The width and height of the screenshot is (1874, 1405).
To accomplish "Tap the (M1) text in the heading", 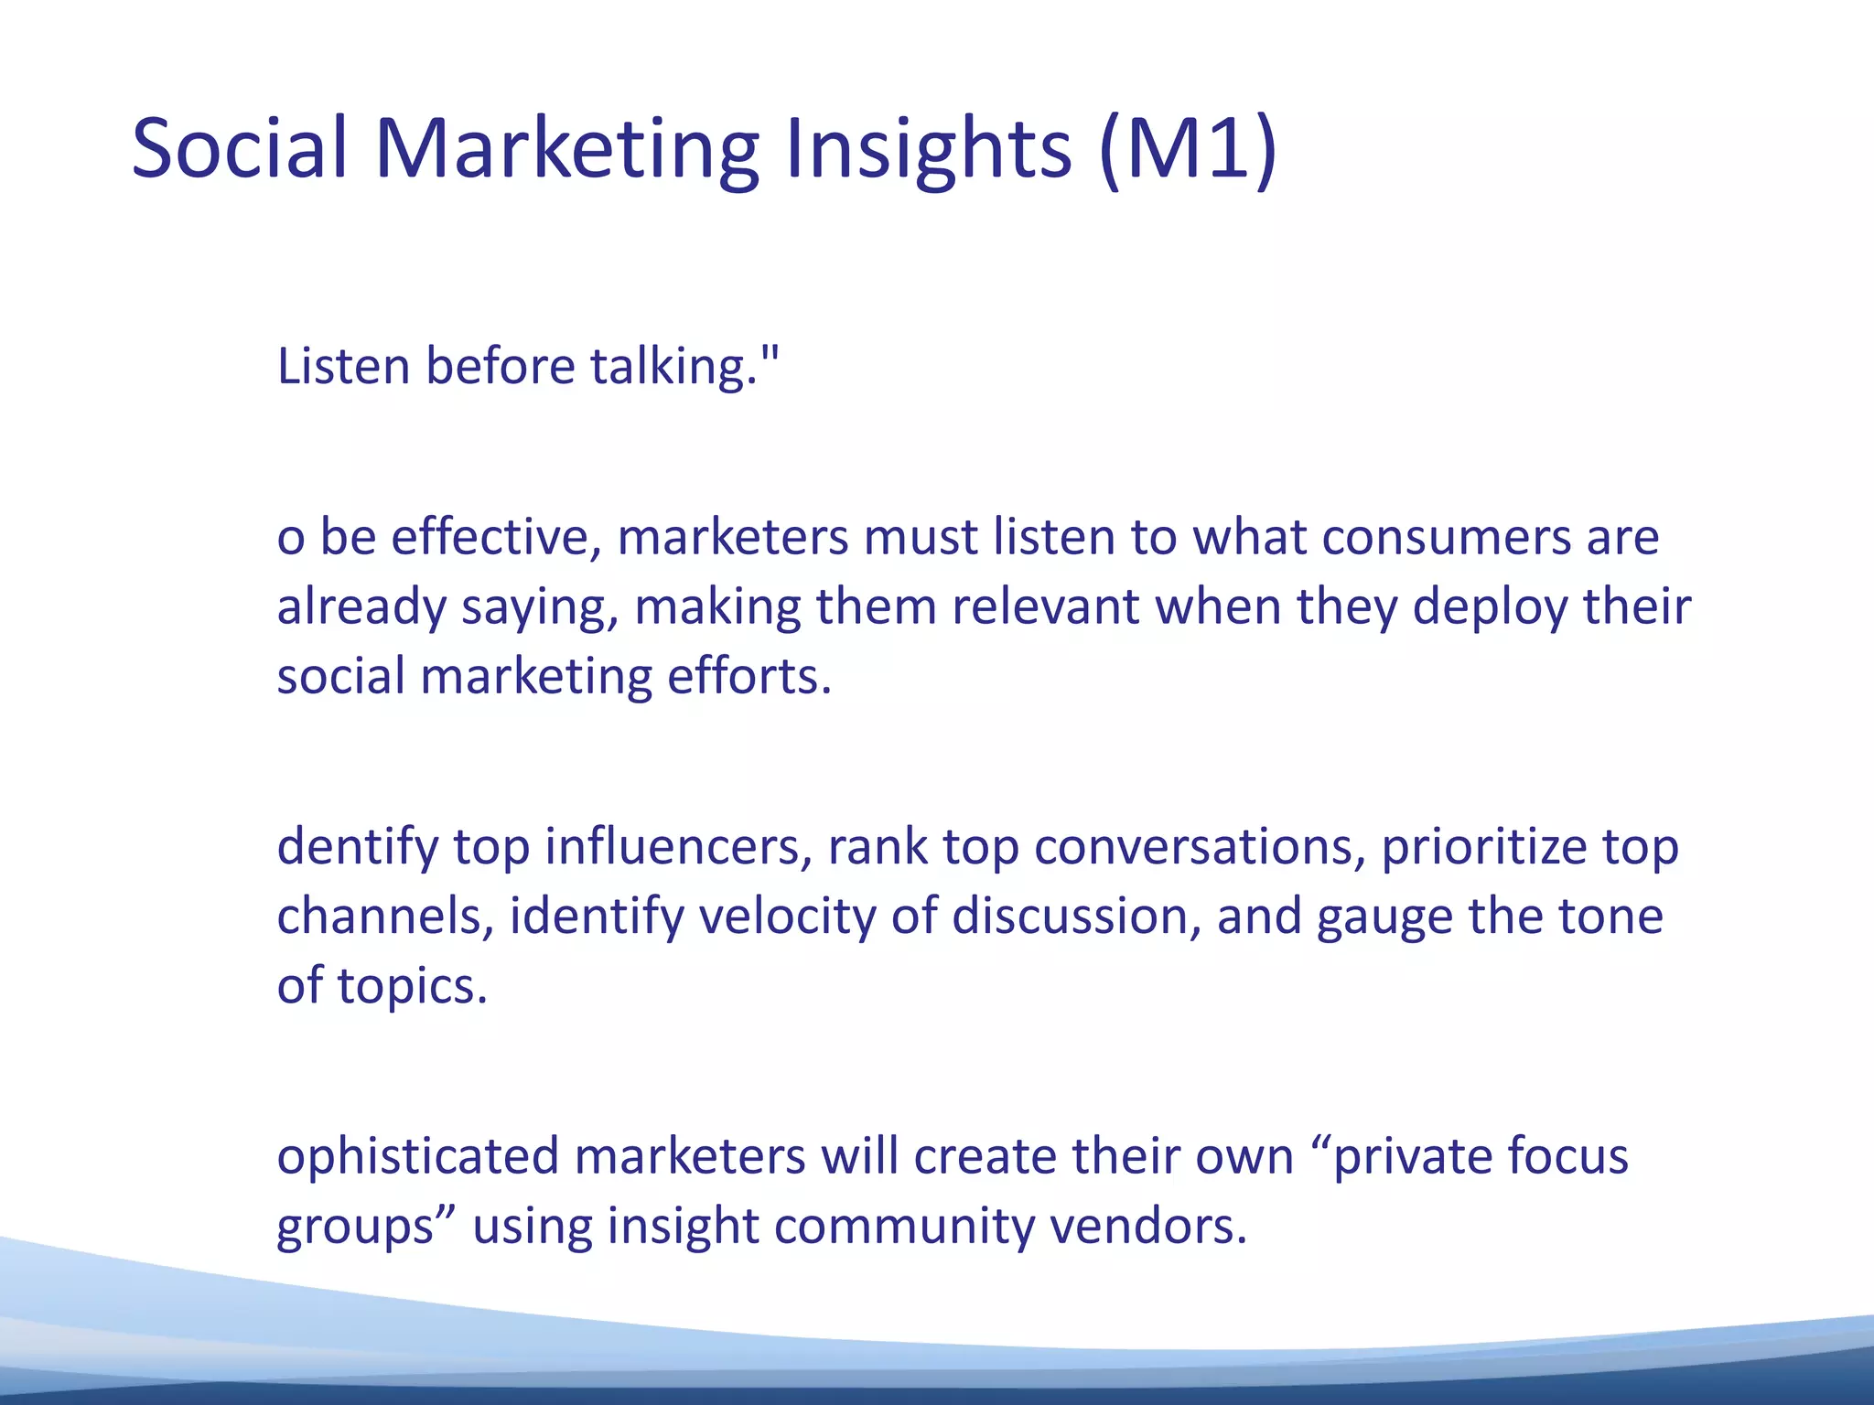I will [x=1188, y=149].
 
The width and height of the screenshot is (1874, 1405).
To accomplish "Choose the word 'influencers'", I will [x=678, y=847].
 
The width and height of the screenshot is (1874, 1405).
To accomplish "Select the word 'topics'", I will [x=412, y=987].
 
